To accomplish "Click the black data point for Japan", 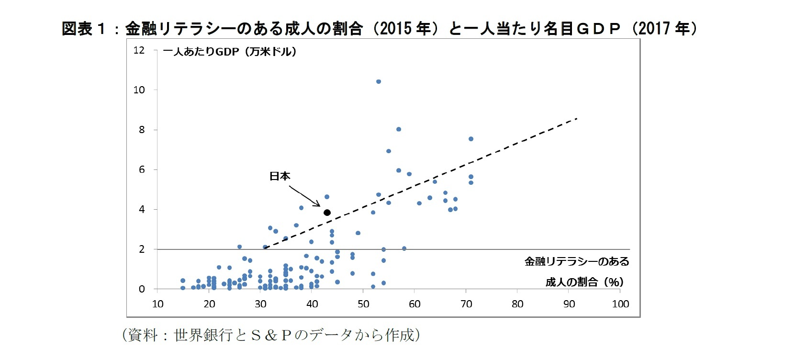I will click(327, 213).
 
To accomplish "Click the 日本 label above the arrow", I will click(280, 176).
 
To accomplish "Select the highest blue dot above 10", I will click(378, 81).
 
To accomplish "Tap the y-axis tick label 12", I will click(139, 50).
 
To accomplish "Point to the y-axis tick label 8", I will click(142, 130).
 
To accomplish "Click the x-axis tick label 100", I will click(620, 304).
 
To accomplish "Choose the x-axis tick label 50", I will click(363, 304).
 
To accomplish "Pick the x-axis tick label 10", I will click(157, 304).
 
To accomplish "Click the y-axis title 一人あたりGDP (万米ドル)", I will click(230, 51).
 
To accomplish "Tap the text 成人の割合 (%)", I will click(584, 282).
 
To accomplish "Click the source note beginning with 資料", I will click(271, 335).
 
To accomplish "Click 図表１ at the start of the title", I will click(83, 29).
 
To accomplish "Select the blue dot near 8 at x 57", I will click(398, 129).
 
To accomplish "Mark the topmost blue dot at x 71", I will click(470, 139).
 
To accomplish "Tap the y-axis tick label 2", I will click(142, 249).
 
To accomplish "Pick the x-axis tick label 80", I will click(517, 304).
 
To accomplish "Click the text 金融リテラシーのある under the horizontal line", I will click(577, 261).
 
